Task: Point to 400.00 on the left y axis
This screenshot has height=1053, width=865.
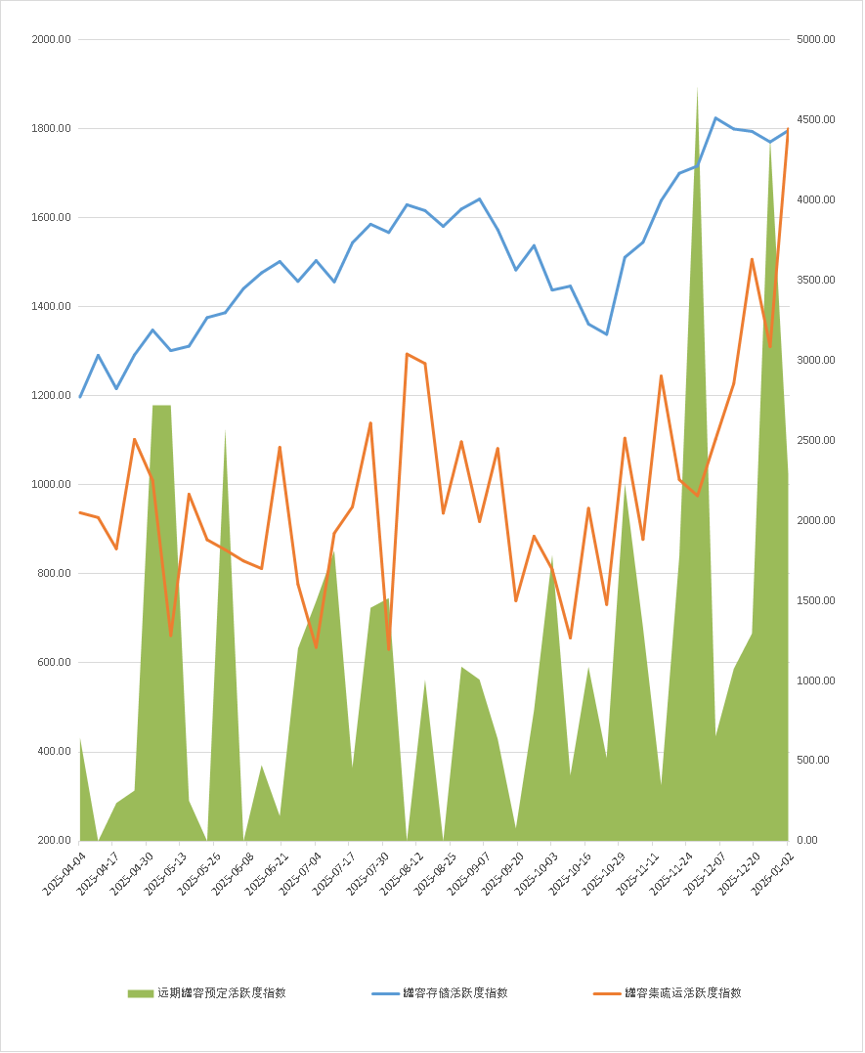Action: tap(54, 752)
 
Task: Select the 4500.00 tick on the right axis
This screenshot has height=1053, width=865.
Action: tap(815, 120)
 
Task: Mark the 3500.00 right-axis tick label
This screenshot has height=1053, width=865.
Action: tap(815, 281)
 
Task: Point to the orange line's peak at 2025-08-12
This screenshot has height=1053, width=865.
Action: tap(407, 354)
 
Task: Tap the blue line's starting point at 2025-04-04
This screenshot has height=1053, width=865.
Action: tap(80, 397)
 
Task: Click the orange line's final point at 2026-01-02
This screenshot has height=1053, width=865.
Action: tap(788, 129)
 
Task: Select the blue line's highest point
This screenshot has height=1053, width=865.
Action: tap(715, 118)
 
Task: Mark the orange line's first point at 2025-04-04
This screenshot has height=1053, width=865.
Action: tap(80, 512)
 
